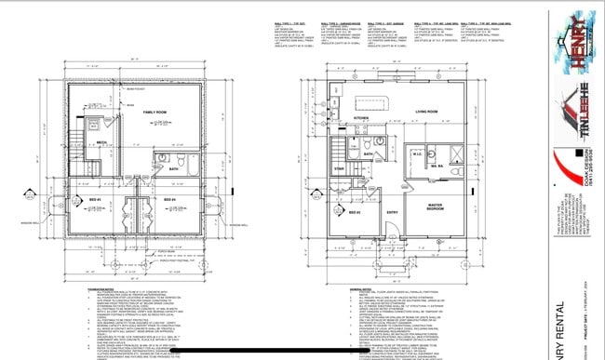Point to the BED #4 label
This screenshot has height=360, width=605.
pyautogui.click(x=169, y=201)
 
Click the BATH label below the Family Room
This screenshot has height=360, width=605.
pyautogui.click(x=174, y=168)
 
